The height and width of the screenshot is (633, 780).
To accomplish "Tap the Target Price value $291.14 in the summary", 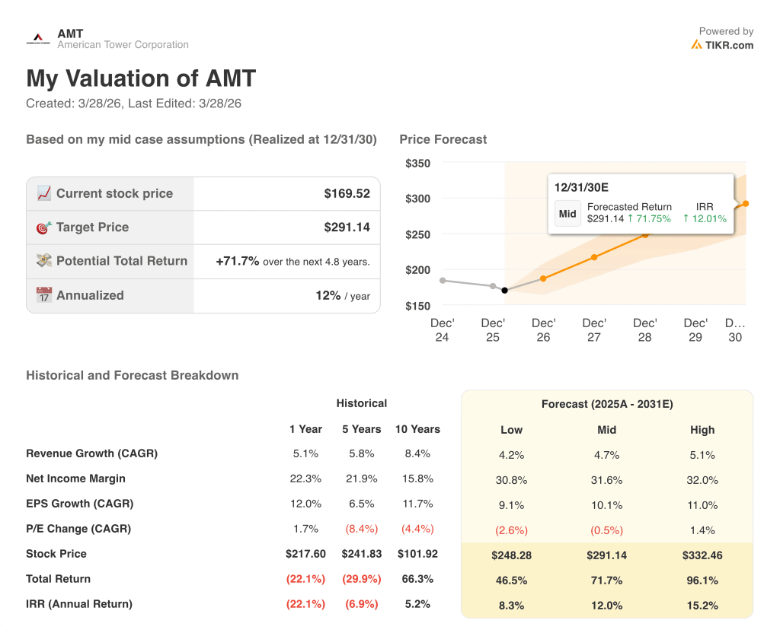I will click(347, 227).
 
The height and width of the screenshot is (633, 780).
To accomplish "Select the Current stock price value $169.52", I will click(347, 194).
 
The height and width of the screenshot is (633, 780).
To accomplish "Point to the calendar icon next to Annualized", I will click(44, 295).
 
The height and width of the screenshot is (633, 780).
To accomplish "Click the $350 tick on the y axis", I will click(417, 164).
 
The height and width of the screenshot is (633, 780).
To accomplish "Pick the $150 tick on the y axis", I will click(417, 306).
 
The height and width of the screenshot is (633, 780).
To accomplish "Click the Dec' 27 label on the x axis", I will click(594, 330).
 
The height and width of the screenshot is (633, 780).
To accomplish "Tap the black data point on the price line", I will click(504, 290).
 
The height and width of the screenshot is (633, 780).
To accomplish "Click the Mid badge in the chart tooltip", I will click(567, 213).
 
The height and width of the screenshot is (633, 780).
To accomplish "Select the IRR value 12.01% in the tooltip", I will click(705, 219).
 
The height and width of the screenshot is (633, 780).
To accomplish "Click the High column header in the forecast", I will click(702, 430).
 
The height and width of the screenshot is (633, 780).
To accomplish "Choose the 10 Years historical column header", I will click(417, 429).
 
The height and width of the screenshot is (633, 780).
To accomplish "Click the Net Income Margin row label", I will click(75, 479).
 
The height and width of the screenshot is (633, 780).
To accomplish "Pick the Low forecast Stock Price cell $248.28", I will click(511, 555).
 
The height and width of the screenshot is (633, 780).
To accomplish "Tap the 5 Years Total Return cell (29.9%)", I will click(361, 579).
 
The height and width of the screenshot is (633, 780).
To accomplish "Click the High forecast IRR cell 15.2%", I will click(702, 605).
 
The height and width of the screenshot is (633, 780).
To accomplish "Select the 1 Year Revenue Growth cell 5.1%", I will click(305, 453).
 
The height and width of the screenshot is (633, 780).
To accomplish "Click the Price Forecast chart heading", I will click(443, 139).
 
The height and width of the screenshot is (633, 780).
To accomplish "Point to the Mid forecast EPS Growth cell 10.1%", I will click(606, 505).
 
